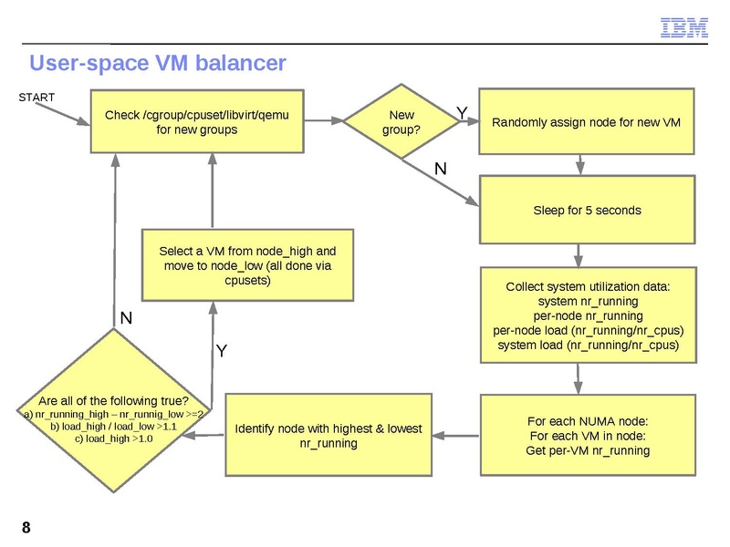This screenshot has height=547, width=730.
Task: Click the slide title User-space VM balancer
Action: click(158, 63)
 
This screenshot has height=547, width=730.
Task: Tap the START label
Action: click(36, 98)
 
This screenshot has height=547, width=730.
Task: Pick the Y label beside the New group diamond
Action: click(462, 111)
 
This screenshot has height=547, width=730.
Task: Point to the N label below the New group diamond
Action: click(440, 169)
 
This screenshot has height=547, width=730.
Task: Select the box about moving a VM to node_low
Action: click(247, 264)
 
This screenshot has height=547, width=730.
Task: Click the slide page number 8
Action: click(26, 528)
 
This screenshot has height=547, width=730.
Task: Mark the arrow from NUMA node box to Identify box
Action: click(455, 436)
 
